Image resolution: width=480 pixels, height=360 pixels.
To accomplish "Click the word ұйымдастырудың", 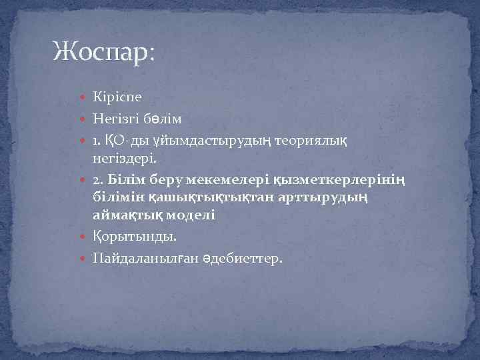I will click(x=213, y=141).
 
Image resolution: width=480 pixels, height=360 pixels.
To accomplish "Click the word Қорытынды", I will click(x=131, y=236).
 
